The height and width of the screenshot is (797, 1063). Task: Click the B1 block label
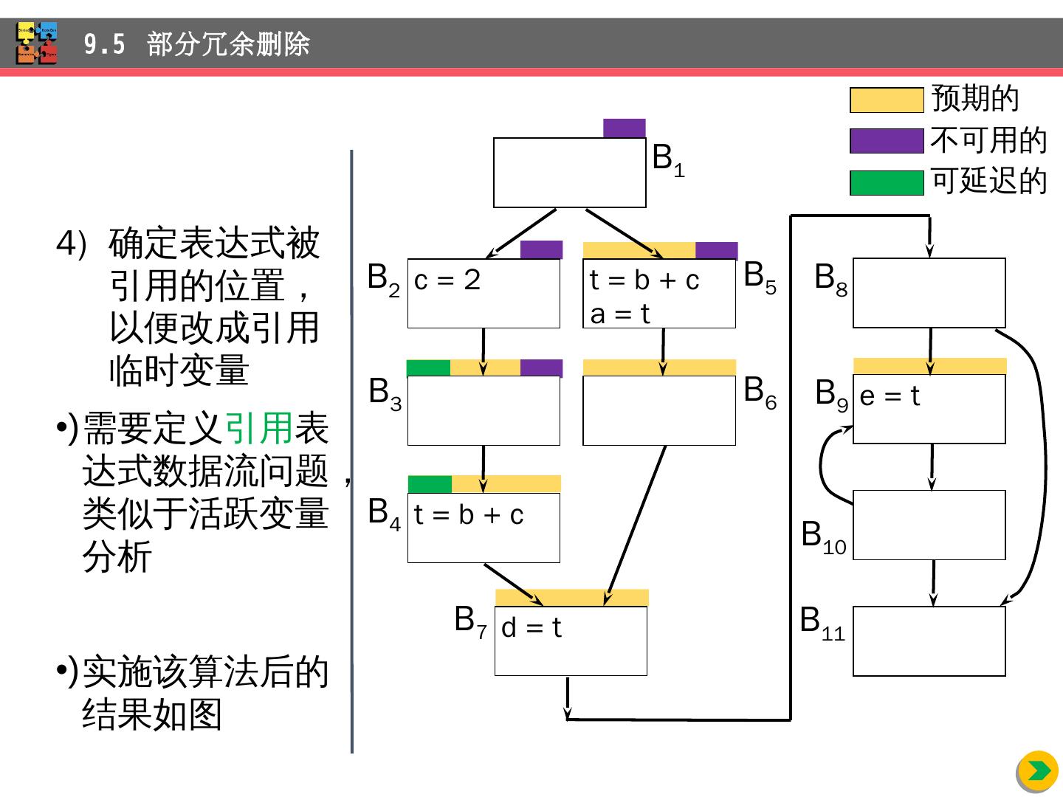point(668,159)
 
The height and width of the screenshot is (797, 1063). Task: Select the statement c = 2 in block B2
point(447,280)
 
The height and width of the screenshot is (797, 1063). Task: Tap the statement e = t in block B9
point(890,396)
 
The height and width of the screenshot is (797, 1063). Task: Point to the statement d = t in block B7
point(531,628)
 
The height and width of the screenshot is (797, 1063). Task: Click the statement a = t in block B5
point(620,314)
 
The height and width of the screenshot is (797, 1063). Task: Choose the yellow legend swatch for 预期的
point(887,100)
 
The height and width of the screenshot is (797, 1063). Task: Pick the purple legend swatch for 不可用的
point(887,141)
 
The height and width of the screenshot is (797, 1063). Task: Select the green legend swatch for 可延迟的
point(887,182)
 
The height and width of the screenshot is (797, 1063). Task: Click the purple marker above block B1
point(625,128)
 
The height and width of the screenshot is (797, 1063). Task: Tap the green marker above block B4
point(430,484)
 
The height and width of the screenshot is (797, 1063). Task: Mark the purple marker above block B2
point(541,249)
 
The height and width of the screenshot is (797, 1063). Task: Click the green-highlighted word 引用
point(258,428)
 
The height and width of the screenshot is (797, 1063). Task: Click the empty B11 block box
point(929,641)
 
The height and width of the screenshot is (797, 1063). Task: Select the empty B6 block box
point(659,411)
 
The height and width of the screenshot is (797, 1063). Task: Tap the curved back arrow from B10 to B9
point(822,465)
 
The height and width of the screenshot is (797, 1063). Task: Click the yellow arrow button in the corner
point(1037,771)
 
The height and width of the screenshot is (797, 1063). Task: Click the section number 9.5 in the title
point(104,45)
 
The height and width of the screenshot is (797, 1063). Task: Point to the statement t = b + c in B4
point(469,514)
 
